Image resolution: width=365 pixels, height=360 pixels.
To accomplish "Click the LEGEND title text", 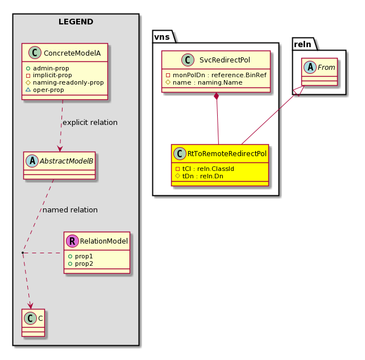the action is [76, 22].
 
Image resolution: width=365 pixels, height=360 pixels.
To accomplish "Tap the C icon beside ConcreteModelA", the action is [35, 53].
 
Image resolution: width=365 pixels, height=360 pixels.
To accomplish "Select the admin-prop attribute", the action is [51, 68].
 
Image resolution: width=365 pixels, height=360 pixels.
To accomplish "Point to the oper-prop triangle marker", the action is [28, 90].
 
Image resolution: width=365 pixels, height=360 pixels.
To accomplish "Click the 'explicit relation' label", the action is [90, 122].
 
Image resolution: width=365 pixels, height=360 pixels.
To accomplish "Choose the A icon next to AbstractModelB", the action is [32, 161].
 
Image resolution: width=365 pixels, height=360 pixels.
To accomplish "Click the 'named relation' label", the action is [70, 210].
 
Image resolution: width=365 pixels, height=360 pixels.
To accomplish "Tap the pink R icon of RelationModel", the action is [72, 241].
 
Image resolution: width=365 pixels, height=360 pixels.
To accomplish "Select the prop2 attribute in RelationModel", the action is [84, 263].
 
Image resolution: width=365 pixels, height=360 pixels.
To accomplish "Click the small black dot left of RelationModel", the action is [23, 253].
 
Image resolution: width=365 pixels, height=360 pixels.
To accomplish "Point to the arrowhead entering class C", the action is [31, 306].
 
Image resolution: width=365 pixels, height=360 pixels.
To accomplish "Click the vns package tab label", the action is [162, 37].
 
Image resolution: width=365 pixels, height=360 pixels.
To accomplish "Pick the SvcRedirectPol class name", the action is [225, 60].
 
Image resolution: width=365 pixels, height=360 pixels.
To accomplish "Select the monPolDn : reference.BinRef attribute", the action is [219, 75].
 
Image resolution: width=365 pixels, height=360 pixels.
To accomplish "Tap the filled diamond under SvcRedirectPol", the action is [217, 96].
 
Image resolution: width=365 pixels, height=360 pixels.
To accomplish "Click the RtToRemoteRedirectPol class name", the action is [227, 154].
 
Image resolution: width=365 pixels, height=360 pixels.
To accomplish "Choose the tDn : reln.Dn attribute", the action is [203, 176].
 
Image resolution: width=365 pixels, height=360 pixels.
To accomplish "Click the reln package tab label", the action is [302, 44].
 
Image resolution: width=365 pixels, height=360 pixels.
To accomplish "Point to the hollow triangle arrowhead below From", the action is [299, 91].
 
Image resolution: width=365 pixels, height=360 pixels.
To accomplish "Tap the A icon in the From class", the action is [310, 67].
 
